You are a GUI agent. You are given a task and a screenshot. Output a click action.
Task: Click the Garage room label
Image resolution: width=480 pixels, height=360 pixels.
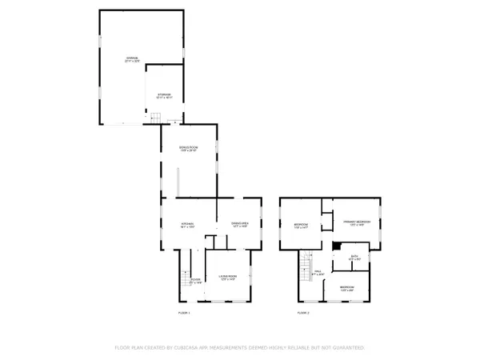tap(131, 58)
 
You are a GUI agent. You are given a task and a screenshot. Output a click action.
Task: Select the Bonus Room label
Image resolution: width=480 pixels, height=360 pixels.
tap(188, 149)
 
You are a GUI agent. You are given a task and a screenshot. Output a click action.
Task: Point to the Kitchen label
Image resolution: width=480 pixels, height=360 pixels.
tap(187, 224)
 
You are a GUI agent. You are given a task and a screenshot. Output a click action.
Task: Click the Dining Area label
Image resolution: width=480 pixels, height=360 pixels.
tap(240, 224)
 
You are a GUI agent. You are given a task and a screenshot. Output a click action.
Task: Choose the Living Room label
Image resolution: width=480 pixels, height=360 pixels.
tap(226, 277)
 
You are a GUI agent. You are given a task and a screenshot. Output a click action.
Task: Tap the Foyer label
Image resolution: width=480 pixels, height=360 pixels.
tap(184, 278)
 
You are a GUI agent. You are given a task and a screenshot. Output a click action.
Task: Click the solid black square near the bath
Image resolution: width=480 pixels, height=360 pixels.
tap(336, 246)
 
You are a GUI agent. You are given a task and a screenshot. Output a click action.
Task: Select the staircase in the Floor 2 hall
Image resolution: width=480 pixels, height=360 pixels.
tap(305, 264)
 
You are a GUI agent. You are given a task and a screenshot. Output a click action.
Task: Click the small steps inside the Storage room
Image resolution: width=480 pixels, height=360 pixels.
tap(158, 119)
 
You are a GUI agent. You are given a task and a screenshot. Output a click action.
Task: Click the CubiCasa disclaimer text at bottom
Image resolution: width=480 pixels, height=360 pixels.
tap(240, 348)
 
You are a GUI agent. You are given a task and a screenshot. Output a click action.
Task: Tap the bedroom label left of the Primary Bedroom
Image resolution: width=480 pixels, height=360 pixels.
tap(301, 225)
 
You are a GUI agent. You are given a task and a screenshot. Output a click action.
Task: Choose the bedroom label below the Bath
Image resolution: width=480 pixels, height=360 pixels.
tap(346, 287)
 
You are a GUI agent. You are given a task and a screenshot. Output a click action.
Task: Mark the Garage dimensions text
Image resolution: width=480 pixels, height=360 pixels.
tap(131, 62)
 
